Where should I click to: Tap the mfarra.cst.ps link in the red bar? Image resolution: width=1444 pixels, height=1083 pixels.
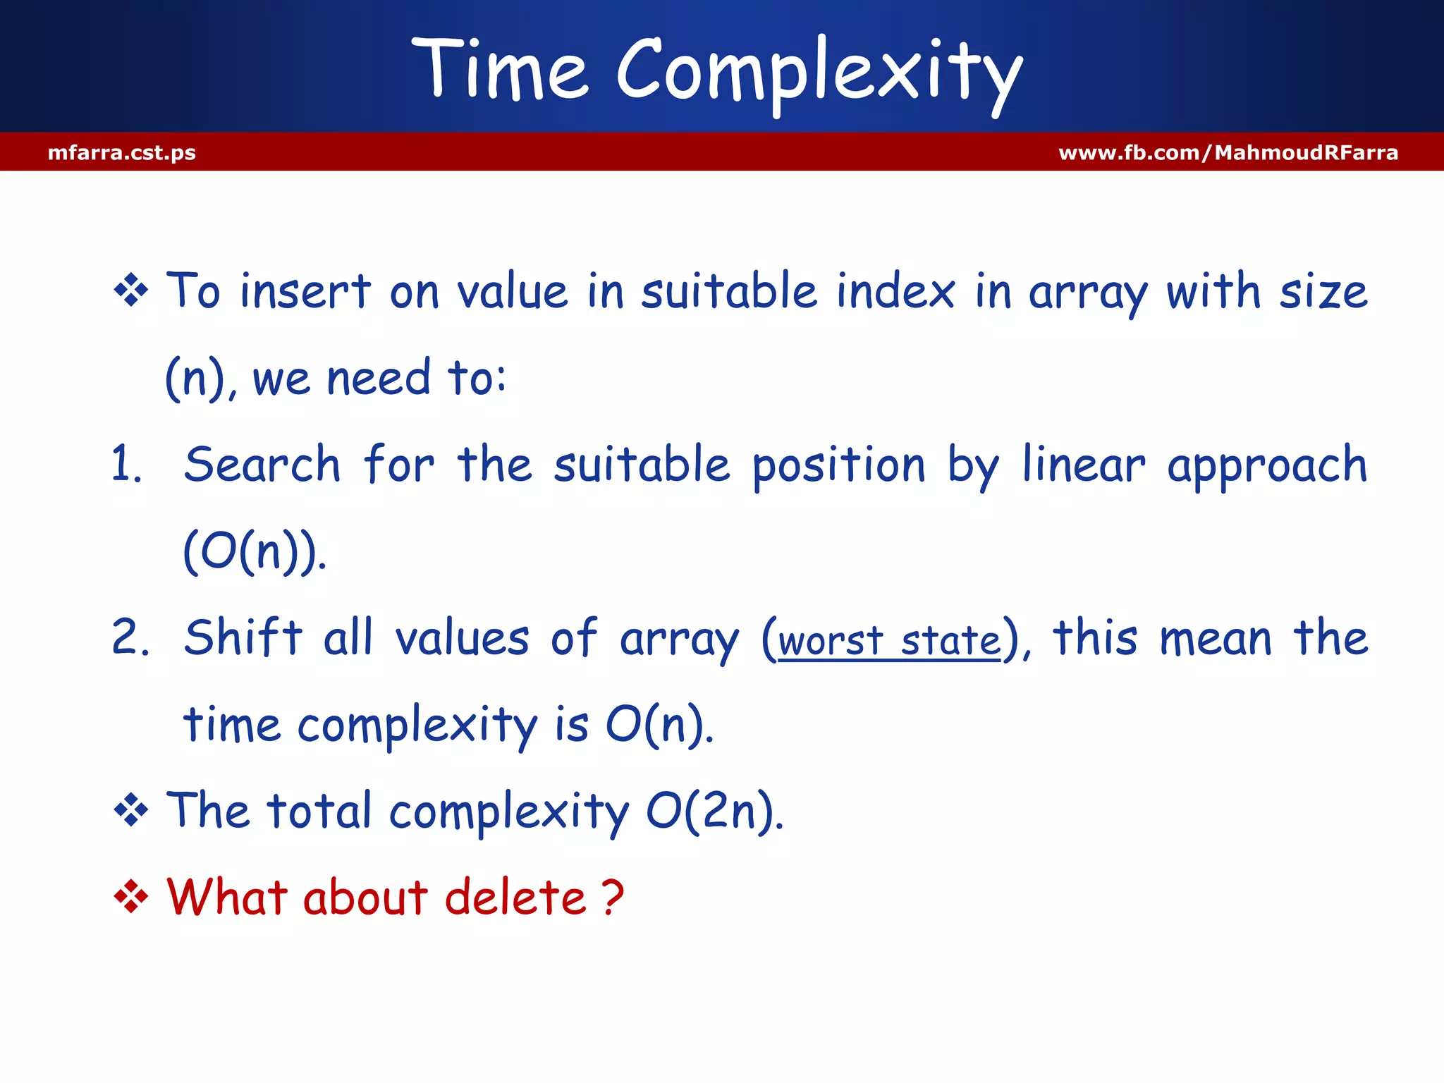121,152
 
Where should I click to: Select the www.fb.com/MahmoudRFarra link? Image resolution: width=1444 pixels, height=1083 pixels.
1228,152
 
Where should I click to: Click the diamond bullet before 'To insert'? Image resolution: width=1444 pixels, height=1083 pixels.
131,290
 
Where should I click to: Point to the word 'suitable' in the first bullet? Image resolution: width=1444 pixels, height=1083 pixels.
729,291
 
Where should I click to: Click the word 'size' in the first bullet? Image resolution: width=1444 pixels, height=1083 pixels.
1323,291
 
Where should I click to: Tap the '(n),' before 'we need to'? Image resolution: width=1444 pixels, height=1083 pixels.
201,379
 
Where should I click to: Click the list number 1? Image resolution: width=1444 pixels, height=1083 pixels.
127,465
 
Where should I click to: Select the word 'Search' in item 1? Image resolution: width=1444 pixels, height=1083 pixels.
262,465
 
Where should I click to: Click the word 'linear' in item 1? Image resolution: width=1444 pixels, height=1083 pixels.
1084,465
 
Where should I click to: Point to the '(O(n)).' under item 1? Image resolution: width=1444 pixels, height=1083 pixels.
255,552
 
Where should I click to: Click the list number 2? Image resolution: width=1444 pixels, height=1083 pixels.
130,638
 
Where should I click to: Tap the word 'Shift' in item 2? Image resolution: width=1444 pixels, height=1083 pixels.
243,638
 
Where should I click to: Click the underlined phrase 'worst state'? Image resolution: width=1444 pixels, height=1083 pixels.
889,641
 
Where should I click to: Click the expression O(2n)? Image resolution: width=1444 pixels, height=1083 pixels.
714,812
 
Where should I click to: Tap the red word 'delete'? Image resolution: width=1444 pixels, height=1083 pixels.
515,898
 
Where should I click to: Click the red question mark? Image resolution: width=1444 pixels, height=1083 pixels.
613,898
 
